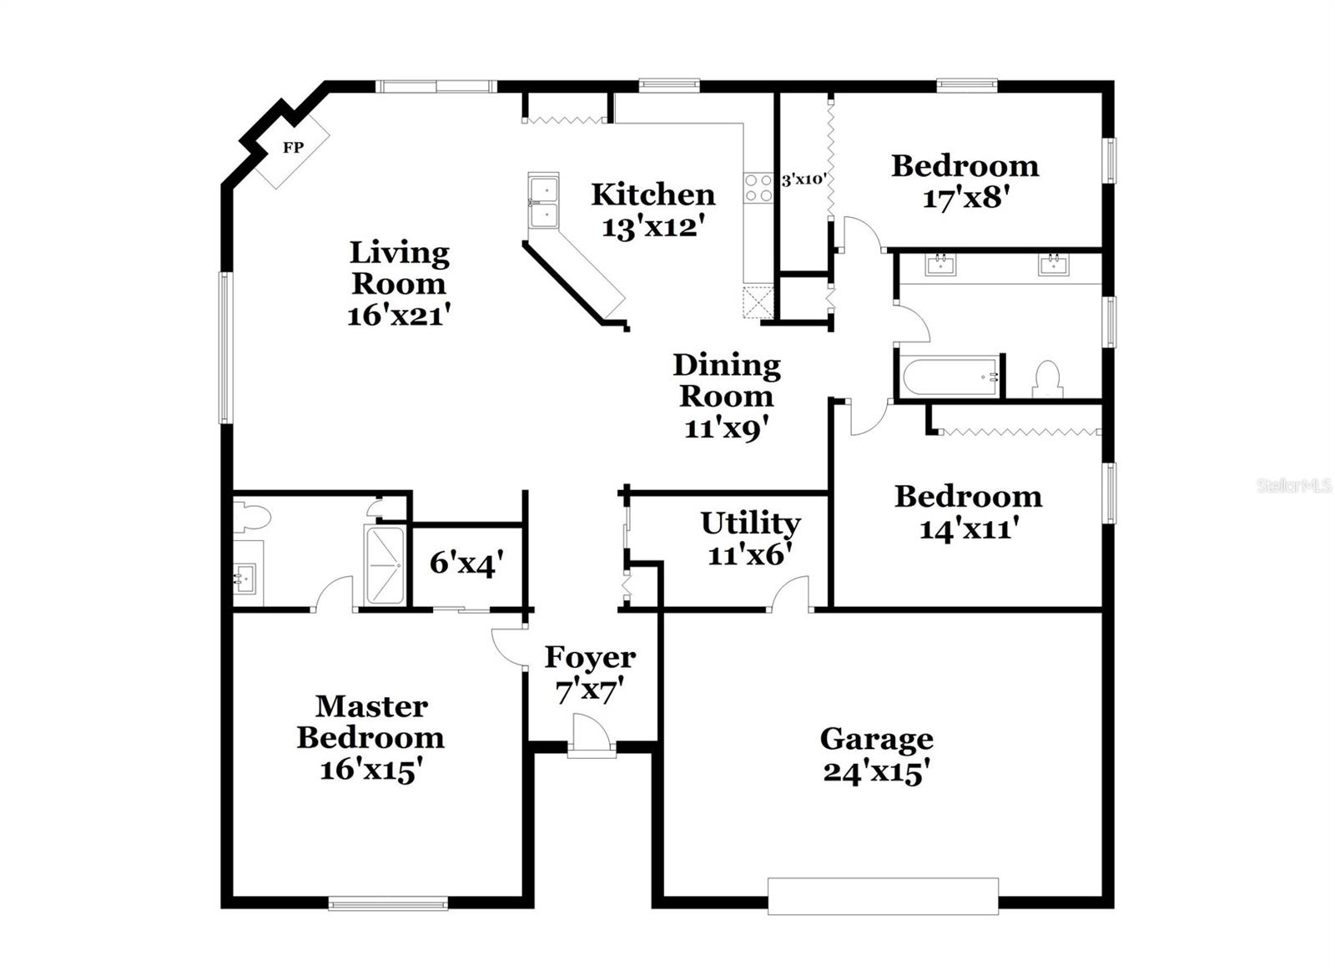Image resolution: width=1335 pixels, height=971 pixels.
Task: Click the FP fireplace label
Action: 293,148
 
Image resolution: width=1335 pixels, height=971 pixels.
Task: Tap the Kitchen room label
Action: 653,195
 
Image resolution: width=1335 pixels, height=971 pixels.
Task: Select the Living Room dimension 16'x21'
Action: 399,316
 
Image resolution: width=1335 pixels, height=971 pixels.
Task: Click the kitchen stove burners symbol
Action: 758,187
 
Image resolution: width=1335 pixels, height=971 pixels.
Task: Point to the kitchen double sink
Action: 543,201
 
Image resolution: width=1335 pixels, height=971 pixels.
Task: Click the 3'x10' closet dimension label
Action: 804,180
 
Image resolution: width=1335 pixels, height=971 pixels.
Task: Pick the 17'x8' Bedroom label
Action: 966,199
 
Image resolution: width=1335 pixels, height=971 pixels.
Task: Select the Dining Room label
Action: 727,380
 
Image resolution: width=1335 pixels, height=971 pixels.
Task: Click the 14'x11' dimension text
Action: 968,528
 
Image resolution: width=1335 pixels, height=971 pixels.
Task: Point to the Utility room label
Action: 750,523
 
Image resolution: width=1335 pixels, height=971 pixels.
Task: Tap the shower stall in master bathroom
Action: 385,564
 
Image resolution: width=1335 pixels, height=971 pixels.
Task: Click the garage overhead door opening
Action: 883,895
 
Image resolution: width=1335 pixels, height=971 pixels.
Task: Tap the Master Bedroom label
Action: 370,722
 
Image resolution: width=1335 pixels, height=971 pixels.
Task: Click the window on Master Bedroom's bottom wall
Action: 388,903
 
